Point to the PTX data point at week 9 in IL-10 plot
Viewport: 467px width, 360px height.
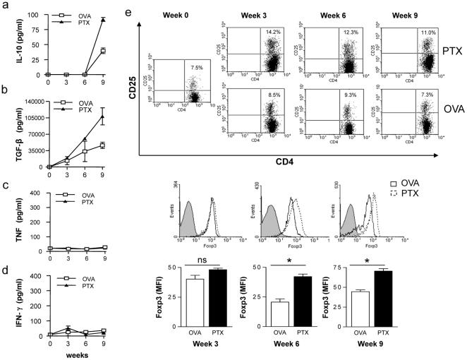103,20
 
